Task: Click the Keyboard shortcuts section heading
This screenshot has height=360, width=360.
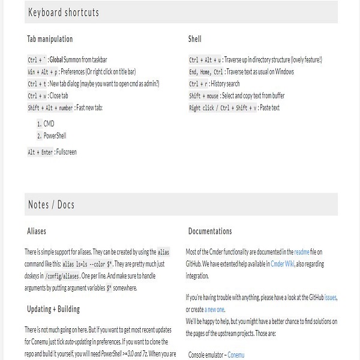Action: coord(64,13)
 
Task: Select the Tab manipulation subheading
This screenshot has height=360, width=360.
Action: coord(50,39)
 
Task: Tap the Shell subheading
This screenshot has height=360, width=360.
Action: coord(195,39)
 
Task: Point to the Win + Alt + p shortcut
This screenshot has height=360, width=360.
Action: coord(42,72)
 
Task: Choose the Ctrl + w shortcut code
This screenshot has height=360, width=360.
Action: coord(37,96)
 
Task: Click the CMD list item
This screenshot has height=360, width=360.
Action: coord(49,124)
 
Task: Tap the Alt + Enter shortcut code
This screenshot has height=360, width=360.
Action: coord(40,152)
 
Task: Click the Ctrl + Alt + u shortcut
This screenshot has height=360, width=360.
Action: coord(205,60)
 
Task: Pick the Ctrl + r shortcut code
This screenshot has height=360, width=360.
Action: coord(198,84)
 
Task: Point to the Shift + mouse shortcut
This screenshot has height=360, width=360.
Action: coord(204,96)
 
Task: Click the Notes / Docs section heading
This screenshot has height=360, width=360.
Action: coord(52,205)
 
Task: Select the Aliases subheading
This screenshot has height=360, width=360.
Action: coord(37,231)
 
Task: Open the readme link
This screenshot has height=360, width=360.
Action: coord(302,252)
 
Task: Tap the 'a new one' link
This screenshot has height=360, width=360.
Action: coord(215,309)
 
